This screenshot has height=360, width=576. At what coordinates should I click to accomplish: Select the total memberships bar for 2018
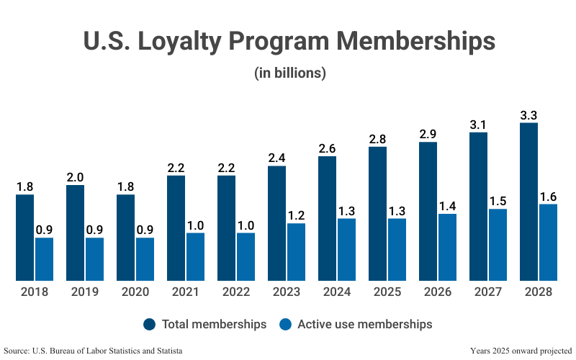pos(25,237)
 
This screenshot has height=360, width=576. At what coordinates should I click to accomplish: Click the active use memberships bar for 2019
pos(94,258)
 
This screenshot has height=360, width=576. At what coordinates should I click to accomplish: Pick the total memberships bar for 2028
pos(528,202)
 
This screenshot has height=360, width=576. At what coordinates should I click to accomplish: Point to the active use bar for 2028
pos(548,242)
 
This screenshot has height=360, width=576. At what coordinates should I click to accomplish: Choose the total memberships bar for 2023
pos(276,222)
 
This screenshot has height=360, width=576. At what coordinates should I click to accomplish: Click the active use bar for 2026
pos(447,247)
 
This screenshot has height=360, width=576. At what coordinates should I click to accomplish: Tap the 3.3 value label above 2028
pos(528,114)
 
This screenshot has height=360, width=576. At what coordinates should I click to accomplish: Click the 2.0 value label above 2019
pos(75,177)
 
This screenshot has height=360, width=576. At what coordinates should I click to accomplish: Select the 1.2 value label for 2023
pos(296,215)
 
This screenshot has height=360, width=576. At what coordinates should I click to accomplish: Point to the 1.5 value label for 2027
pos(498,201)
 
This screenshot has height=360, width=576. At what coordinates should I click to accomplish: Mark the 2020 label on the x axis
pos(135,292)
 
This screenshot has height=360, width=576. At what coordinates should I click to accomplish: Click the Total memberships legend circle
pos(150,324)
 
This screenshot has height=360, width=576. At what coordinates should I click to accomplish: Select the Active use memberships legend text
pos(369,324)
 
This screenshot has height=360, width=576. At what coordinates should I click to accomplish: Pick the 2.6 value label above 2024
pos(327,148)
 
